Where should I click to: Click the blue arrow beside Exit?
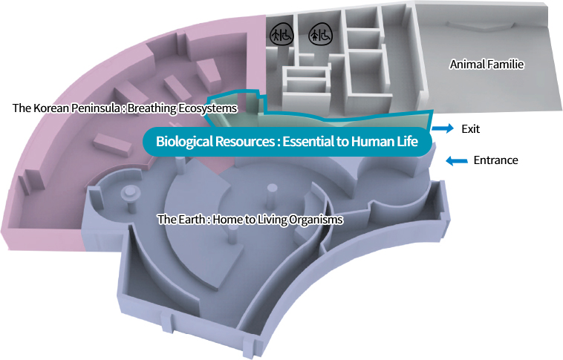coord(443,128)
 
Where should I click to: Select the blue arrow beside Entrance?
coord(457,160)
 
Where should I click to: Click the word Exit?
coord(471,128)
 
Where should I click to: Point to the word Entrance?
coord(495,160)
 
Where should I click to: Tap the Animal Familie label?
coord(486,65)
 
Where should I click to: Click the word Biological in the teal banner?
coord(183,140)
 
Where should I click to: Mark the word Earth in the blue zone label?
coord(189,220)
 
